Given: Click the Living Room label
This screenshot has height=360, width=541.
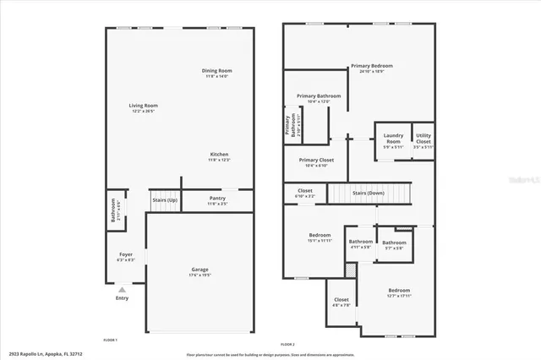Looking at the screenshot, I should pos(144,106).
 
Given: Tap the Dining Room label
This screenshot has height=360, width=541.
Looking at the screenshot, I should pos(217,70).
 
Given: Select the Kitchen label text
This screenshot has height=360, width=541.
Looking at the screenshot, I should pos(220,154).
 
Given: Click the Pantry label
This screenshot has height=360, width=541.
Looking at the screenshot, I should pos(217,198).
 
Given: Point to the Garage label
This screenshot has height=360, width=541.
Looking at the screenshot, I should pos(199,270).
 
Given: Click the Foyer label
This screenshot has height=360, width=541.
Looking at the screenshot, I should pos(125,254).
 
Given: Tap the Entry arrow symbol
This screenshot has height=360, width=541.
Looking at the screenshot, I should pos(122,289).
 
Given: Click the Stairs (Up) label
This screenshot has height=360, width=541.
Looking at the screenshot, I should pos(164,200).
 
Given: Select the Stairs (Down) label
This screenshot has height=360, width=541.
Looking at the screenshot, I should pos(369,192).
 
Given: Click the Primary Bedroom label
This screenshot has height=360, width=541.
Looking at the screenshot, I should pos(371,65).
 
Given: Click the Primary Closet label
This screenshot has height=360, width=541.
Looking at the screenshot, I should pos(316,160).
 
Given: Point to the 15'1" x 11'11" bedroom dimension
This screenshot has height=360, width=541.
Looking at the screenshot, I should pos(320,241).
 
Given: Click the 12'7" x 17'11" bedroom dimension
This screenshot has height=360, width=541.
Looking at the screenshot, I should pos(399,296).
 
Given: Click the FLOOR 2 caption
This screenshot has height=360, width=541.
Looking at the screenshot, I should pos(287,345).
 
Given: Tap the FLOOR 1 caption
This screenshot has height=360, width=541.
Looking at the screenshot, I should pos(110,339).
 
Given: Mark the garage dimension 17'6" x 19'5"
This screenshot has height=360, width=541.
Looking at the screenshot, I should pos(199,275).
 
